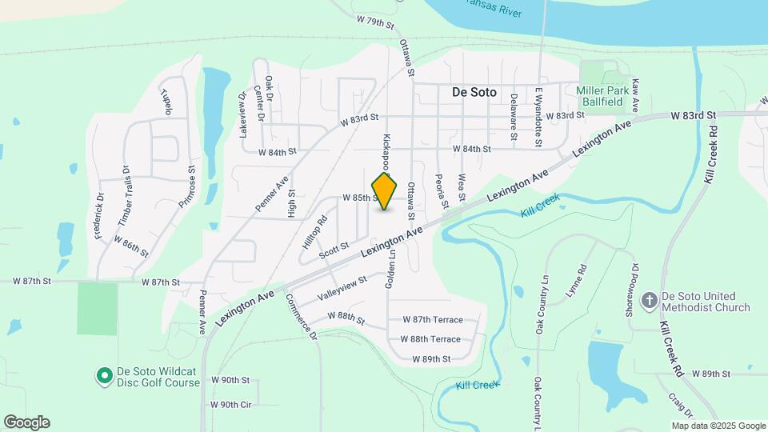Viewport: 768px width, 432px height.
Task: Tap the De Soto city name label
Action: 474,92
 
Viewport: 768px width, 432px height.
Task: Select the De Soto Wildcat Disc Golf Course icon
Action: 104,375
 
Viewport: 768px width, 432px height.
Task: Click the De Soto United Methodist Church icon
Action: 650,301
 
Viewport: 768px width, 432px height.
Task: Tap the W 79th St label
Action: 376,21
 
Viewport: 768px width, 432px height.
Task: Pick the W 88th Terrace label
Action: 430,339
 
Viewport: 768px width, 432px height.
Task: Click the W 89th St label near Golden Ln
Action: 432,360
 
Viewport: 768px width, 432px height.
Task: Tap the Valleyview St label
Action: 342,286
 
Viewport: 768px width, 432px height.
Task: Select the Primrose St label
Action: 191,186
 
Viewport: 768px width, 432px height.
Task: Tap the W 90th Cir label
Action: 230,405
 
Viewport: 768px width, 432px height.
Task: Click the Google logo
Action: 26,422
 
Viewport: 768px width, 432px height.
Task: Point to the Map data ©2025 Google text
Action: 718,426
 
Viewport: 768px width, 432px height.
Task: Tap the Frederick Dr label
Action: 99,216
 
